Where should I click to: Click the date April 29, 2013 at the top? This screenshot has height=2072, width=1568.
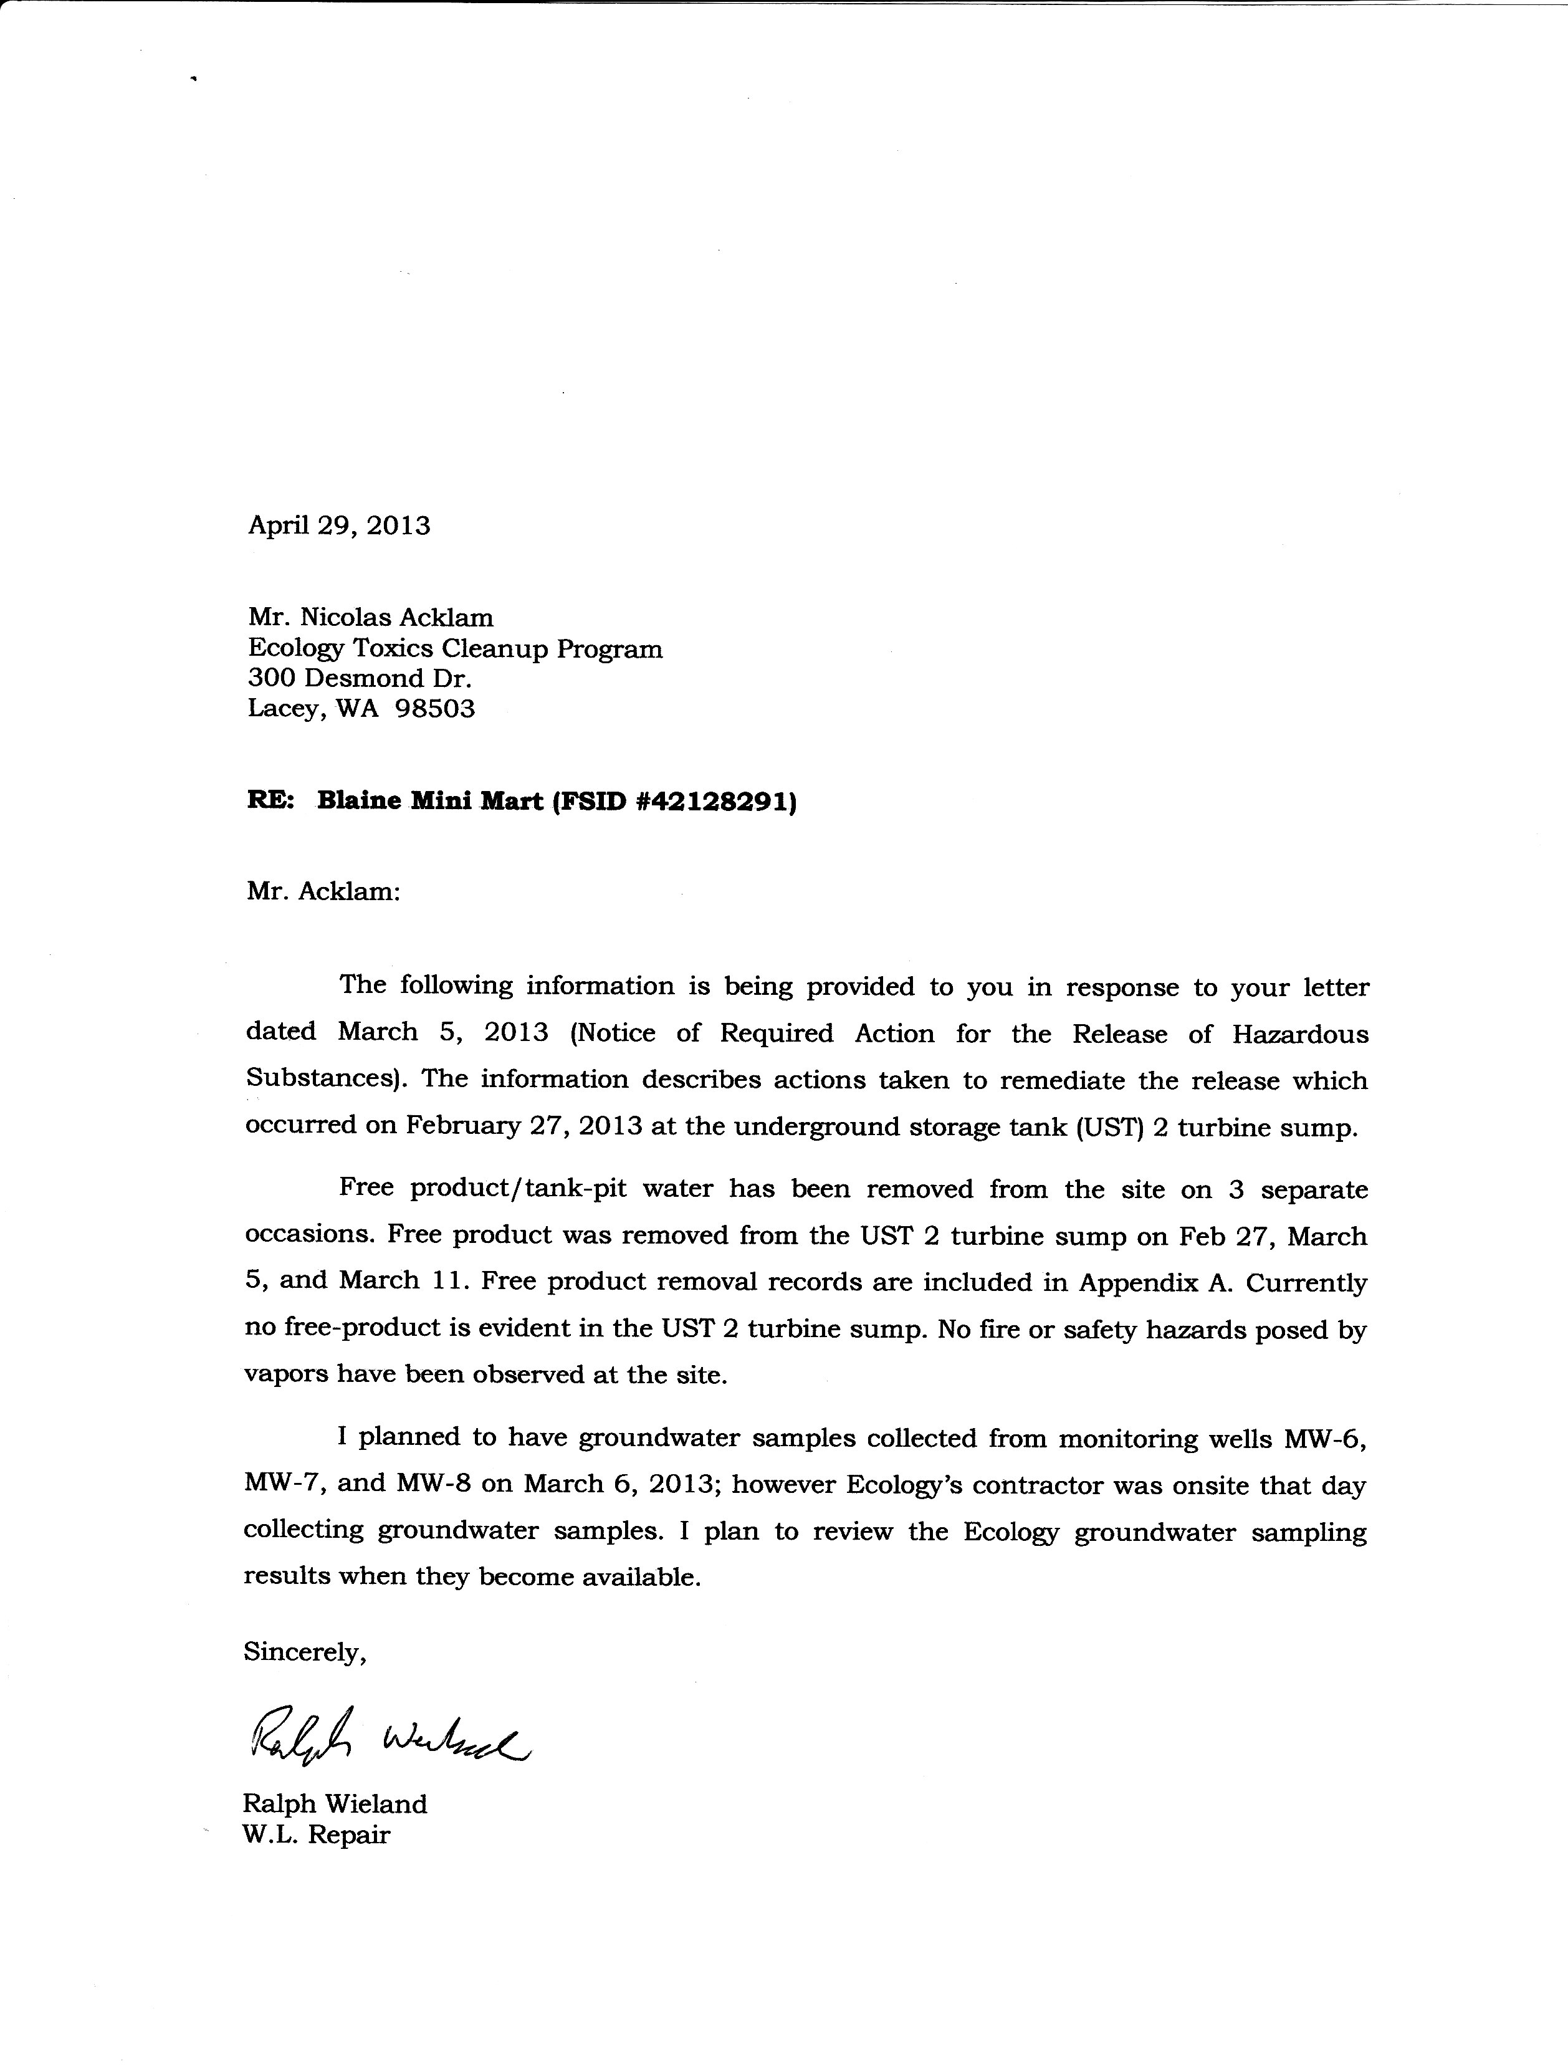(338, 525)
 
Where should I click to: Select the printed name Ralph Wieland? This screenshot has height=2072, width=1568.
(335, 1804)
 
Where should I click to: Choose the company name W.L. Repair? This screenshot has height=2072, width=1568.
(316, 1834)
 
